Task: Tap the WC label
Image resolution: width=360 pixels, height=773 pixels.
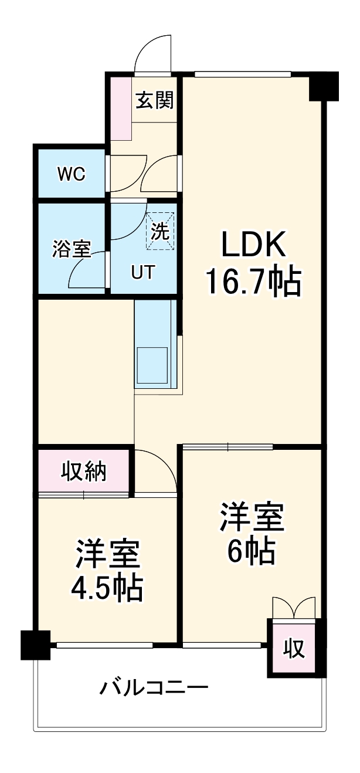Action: [x=71, y=174]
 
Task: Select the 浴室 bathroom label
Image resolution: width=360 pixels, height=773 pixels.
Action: [x=71, y=250]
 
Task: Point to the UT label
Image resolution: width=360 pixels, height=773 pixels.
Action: [x=142, y=273]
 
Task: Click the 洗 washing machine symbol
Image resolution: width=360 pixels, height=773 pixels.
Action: [x=160, y=230]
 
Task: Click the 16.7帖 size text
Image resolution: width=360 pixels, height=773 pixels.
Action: [x=253, y=282]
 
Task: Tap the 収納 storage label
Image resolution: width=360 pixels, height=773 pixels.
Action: [x=84, y=471]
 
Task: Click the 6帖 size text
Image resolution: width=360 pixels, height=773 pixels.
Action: [x=252, y=550]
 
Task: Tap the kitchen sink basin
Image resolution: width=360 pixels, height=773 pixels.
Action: [x=152, y=358]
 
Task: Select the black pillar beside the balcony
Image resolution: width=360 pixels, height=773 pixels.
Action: [x=35, y=645]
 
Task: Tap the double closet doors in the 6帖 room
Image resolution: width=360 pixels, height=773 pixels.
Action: [x=294, y=607]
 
